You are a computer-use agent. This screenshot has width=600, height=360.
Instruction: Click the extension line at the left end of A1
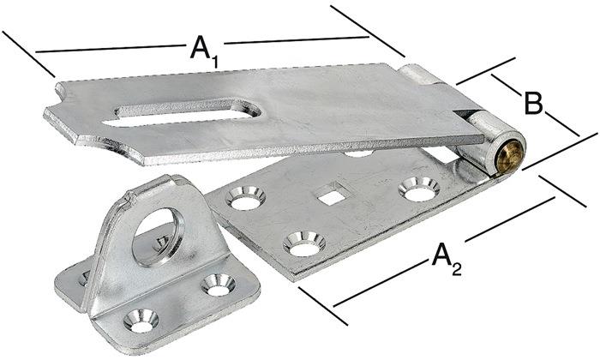pyautogui.click(x=29, y=53)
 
